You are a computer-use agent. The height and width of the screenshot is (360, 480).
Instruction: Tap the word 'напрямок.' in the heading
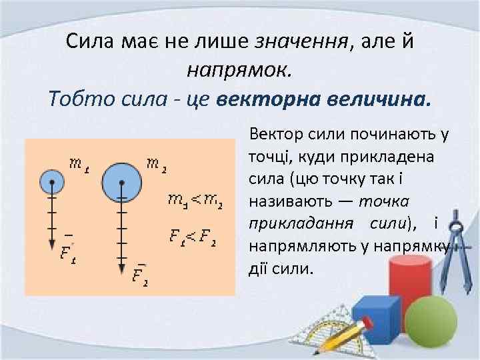click(239, 69)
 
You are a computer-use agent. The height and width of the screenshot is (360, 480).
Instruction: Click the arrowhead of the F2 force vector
click(121, 267)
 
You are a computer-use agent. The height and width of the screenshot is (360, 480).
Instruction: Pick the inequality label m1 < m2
click(195, 199)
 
